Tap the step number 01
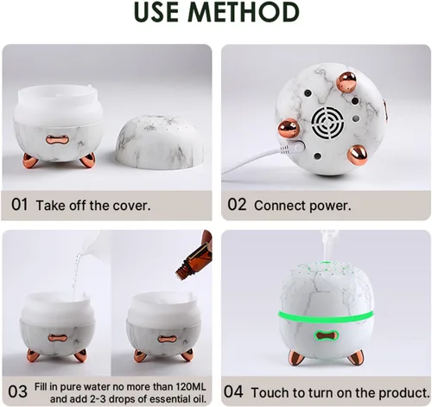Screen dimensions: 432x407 pos(20,205)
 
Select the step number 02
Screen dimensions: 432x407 pos(237,205)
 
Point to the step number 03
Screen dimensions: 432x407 pos(17,391)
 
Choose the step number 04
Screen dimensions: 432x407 pos(233,391)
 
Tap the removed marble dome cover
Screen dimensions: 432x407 pos(160,142)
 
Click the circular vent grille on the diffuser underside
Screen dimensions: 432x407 pos(327,123)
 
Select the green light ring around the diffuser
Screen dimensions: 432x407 pos(327,317)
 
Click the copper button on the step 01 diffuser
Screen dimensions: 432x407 pos(58,139)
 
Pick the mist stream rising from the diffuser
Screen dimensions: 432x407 pos(326,245)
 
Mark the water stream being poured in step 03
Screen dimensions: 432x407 pos(76,275)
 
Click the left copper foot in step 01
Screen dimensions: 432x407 pos(29,161)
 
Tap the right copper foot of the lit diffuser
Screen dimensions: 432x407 pos(355,358)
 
